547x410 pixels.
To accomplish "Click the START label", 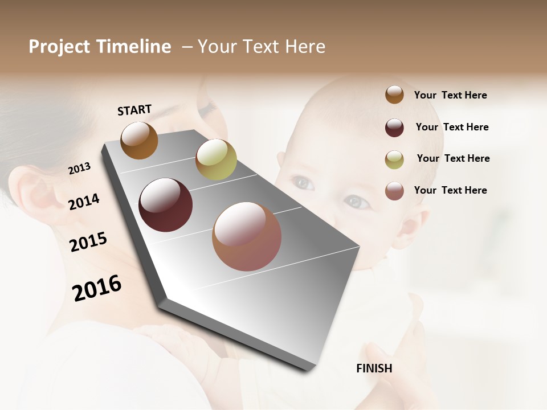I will tap(134, 110).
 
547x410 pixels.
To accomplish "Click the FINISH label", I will tap(374, 368).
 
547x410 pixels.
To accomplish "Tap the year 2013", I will tap(79, 169).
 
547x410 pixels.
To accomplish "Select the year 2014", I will tap(84, 202).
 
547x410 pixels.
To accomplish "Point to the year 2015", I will tap(88, 242).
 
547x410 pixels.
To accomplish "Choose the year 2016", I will tap(97, 288).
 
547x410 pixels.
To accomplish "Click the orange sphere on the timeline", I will tap(139, 140).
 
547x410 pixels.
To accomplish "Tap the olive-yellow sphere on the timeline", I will tap(216, 159).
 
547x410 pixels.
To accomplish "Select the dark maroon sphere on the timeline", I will tap(166, 205).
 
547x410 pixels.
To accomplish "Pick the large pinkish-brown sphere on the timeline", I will tap(247, 236).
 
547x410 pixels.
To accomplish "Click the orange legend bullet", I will tap(394, 95).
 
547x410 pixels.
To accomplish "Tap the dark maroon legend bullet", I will tap(394, 127).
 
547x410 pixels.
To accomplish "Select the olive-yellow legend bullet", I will tap(394, 159).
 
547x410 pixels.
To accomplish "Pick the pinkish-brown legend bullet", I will tap(394, 191).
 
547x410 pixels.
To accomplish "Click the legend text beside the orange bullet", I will tap(450, 95).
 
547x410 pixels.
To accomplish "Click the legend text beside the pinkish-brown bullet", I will tap(450, 190).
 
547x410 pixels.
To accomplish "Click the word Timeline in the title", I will tap(133, 47).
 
